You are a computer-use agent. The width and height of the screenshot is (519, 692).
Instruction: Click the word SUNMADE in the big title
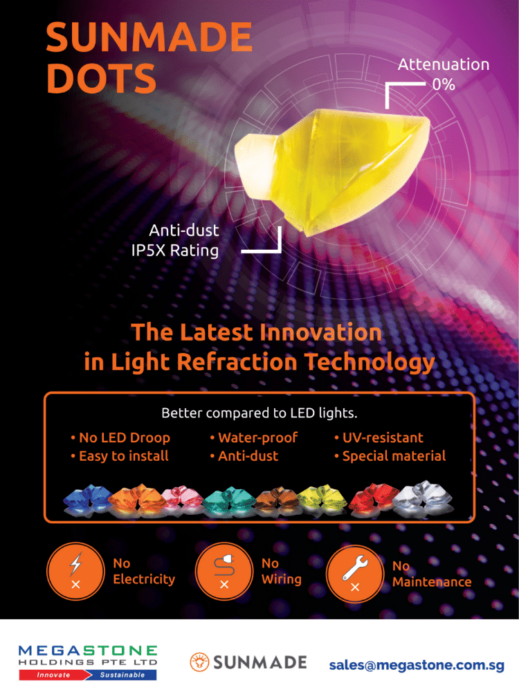149,37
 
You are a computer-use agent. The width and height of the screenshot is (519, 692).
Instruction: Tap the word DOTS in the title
101,80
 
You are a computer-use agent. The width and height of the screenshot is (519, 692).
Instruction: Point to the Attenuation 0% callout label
443,74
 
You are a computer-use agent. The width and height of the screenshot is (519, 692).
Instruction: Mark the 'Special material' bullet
389,456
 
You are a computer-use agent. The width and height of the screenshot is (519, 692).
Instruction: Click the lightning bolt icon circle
75,572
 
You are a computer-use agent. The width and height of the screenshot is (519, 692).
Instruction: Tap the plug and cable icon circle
224,572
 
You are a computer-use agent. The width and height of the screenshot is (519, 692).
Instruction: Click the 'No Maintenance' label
431,574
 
